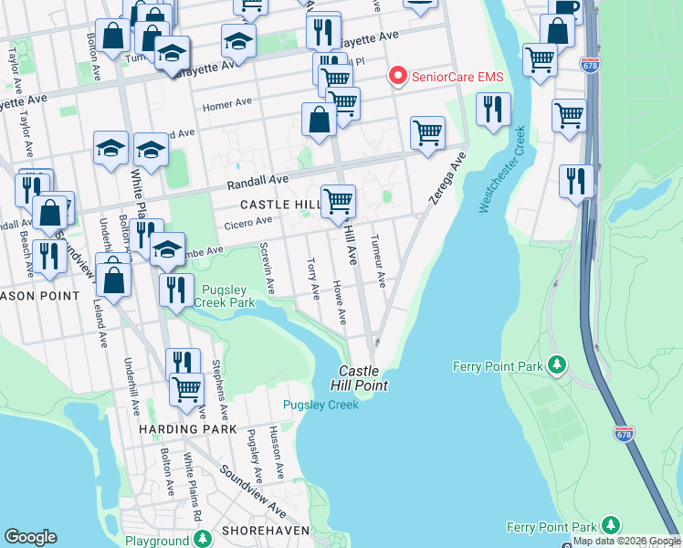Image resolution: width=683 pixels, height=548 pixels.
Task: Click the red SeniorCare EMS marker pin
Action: click(398, 77)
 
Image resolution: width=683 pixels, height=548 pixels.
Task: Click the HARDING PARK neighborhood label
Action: click(188, 428)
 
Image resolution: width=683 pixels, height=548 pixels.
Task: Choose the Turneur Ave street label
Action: click(376, 260)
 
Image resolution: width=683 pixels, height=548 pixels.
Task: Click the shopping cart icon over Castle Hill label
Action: click(339, 199)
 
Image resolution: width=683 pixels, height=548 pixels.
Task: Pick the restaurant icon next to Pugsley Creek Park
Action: click(176, 290)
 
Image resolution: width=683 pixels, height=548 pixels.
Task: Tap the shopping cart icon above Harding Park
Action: click(187, 388)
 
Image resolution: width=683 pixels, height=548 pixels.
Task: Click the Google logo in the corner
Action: click(30, 537)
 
